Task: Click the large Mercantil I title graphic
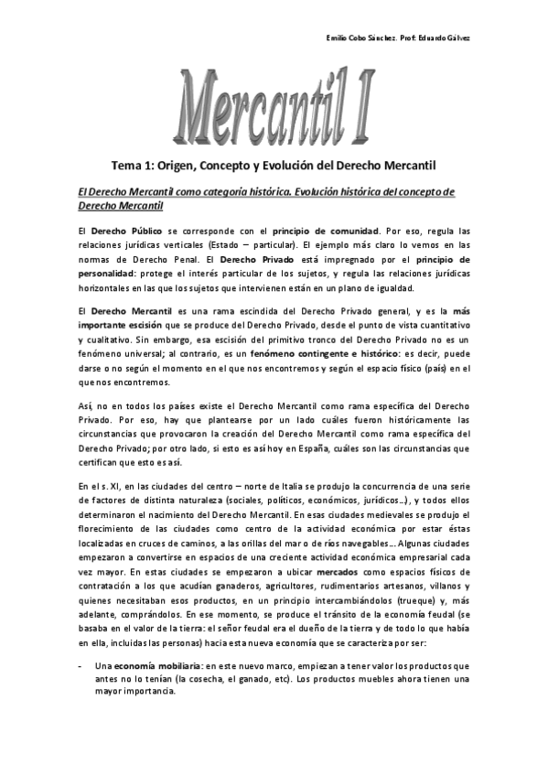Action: coord(274,104)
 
